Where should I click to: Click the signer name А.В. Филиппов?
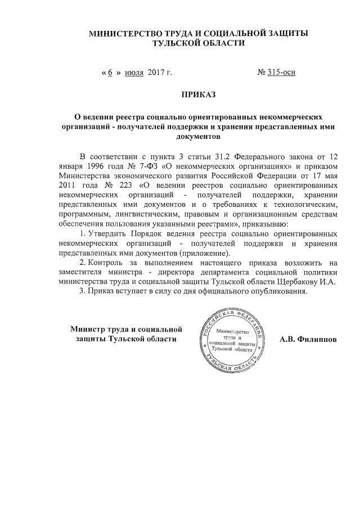coord(309,340)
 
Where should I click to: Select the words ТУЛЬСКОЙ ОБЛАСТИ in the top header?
coord(198,43)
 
